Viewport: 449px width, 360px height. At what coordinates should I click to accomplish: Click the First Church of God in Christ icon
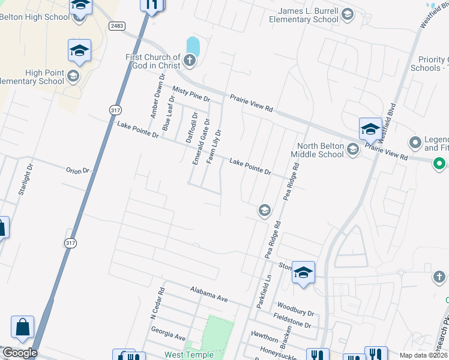(x=190, y=59)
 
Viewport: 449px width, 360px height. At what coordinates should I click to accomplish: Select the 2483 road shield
(x=118, y=26)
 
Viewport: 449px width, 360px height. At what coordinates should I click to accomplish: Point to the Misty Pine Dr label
(x=191, y=93)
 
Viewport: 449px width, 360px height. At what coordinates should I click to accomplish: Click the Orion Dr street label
(x=77, y=170)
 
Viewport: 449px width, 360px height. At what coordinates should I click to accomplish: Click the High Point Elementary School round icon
(x=73, y=76)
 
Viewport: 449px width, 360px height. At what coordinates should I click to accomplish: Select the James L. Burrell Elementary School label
(x=309, y=15)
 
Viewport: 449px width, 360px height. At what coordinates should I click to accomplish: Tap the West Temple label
(x=189, y=355)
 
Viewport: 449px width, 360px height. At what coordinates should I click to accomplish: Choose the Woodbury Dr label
(x=295, y=308)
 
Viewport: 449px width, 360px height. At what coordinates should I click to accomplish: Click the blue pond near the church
(x=193, y=46)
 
